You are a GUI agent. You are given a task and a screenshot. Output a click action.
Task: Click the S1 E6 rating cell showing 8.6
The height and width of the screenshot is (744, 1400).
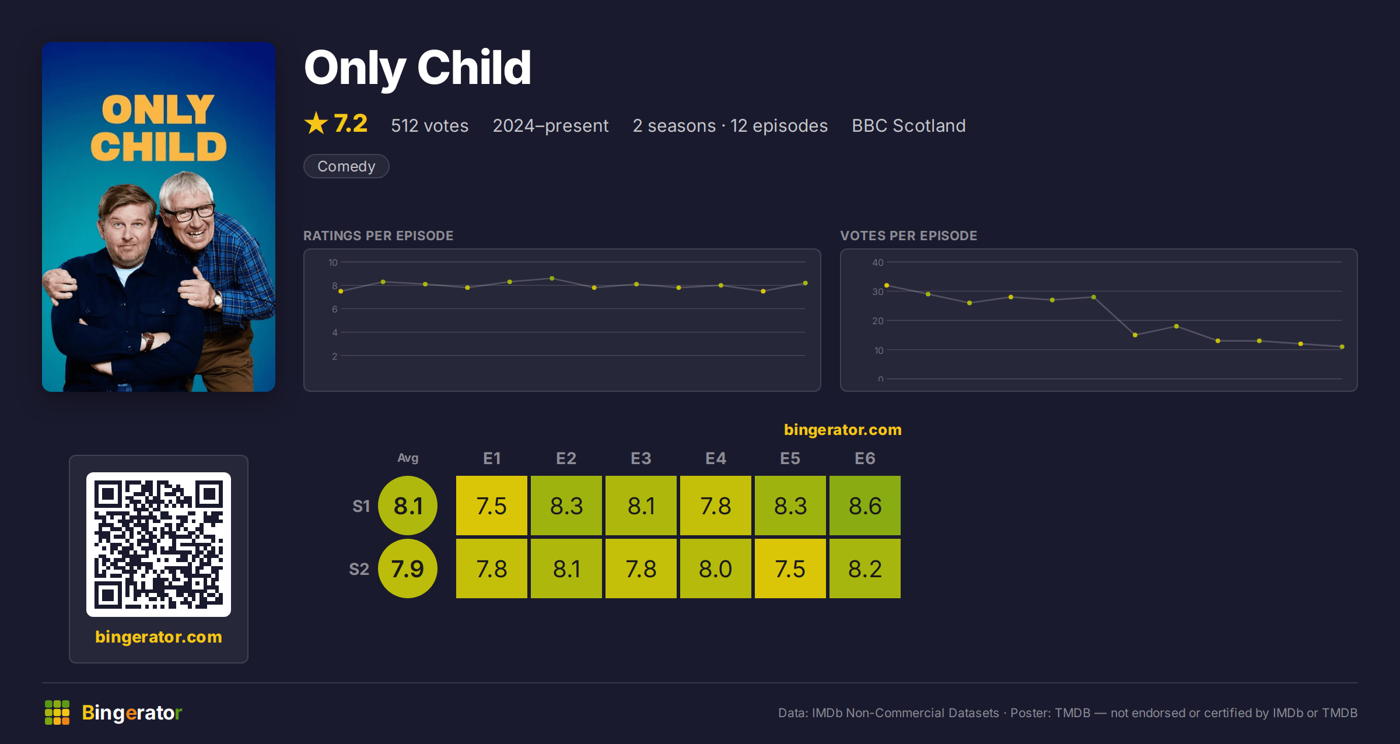tap(865, 506)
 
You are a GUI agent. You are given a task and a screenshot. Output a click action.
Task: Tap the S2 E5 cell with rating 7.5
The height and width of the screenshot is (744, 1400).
tap(790, 568)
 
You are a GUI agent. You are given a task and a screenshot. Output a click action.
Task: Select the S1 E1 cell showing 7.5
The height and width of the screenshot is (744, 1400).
tap(492, 506)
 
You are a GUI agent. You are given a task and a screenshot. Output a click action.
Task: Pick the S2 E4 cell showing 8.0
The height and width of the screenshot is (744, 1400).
tap(716, 568)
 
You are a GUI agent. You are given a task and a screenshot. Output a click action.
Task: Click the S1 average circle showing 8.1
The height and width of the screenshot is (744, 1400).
tap(408, 506)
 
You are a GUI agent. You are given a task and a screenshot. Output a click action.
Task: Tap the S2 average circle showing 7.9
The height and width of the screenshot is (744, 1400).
tap(408, 568)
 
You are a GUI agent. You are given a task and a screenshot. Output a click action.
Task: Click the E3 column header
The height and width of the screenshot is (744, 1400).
tap(641, 458)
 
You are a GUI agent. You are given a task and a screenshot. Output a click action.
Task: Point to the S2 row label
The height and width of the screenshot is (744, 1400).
tap(359, 569)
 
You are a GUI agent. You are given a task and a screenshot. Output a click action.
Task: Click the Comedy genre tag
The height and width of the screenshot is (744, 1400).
tap(346, 166)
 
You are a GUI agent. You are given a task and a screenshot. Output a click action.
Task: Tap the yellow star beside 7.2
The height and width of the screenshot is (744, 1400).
tap(316, 123)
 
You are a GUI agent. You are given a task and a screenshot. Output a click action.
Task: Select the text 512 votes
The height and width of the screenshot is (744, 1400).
tap(430, 125)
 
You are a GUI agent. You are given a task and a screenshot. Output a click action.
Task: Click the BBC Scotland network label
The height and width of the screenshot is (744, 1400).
tap(909, 125)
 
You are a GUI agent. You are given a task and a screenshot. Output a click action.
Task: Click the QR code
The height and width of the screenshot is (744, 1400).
tap(159, 545)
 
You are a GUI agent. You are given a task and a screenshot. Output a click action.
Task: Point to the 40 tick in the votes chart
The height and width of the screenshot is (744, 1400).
tap(878, 262)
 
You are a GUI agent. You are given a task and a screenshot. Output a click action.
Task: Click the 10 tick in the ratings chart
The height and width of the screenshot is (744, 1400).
tap(333, 262)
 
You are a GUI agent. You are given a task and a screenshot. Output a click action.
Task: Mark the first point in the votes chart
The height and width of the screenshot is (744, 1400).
tap(887, 285)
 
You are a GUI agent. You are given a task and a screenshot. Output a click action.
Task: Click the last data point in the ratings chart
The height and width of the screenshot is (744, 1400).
tap(806, 283)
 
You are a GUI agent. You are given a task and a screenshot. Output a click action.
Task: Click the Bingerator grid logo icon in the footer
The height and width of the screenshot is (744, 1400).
tap(57, 713)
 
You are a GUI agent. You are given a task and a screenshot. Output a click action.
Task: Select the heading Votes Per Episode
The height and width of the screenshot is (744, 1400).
tap(909, 236)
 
